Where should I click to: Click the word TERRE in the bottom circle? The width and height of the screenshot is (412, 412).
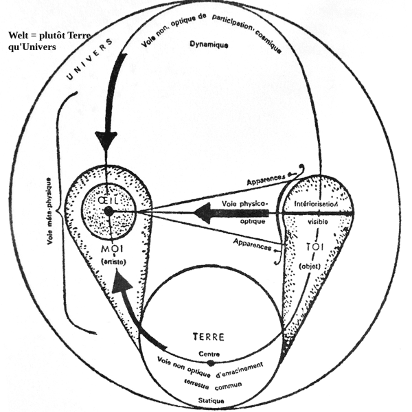tap(209, 338)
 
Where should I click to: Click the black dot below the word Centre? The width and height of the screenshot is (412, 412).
tap(211, 363)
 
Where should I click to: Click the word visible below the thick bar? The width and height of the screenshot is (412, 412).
tap(317, 222)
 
